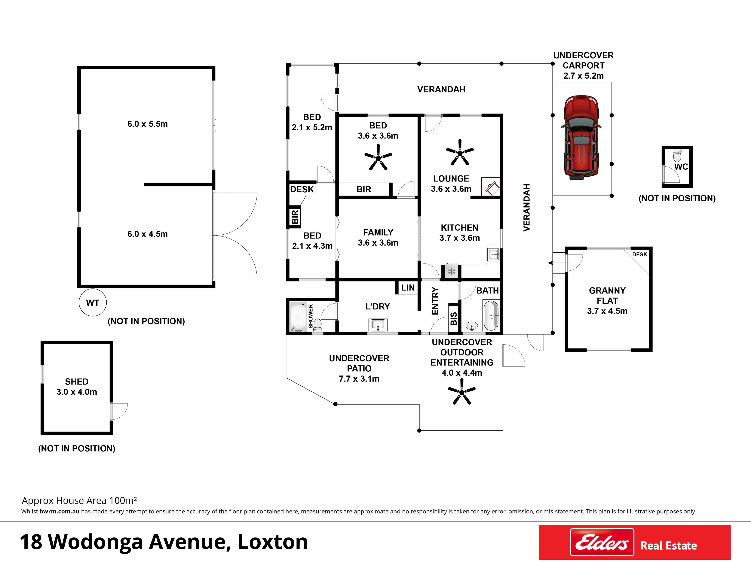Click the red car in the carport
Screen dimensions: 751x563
click(x=581, y=137)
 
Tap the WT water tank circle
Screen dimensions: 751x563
click(x=93, y=302)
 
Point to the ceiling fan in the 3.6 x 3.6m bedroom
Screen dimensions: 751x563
click(x=378, y=157)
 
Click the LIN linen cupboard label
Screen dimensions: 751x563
click(x=408, y=288)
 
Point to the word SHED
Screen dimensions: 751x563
click(x=77, y=382)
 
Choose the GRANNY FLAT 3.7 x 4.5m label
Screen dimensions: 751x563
click(x=607, y=301)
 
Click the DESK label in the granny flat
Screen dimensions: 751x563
click(x=640, y=254)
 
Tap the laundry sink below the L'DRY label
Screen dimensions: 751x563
click(x=378, y=325)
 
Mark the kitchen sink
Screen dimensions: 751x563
click(x=493, y=254)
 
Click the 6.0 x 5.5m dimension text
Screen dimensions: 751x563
click(x=147, y=124)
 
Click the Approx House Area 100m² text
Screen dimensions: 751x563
click(x=79, y=500)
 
